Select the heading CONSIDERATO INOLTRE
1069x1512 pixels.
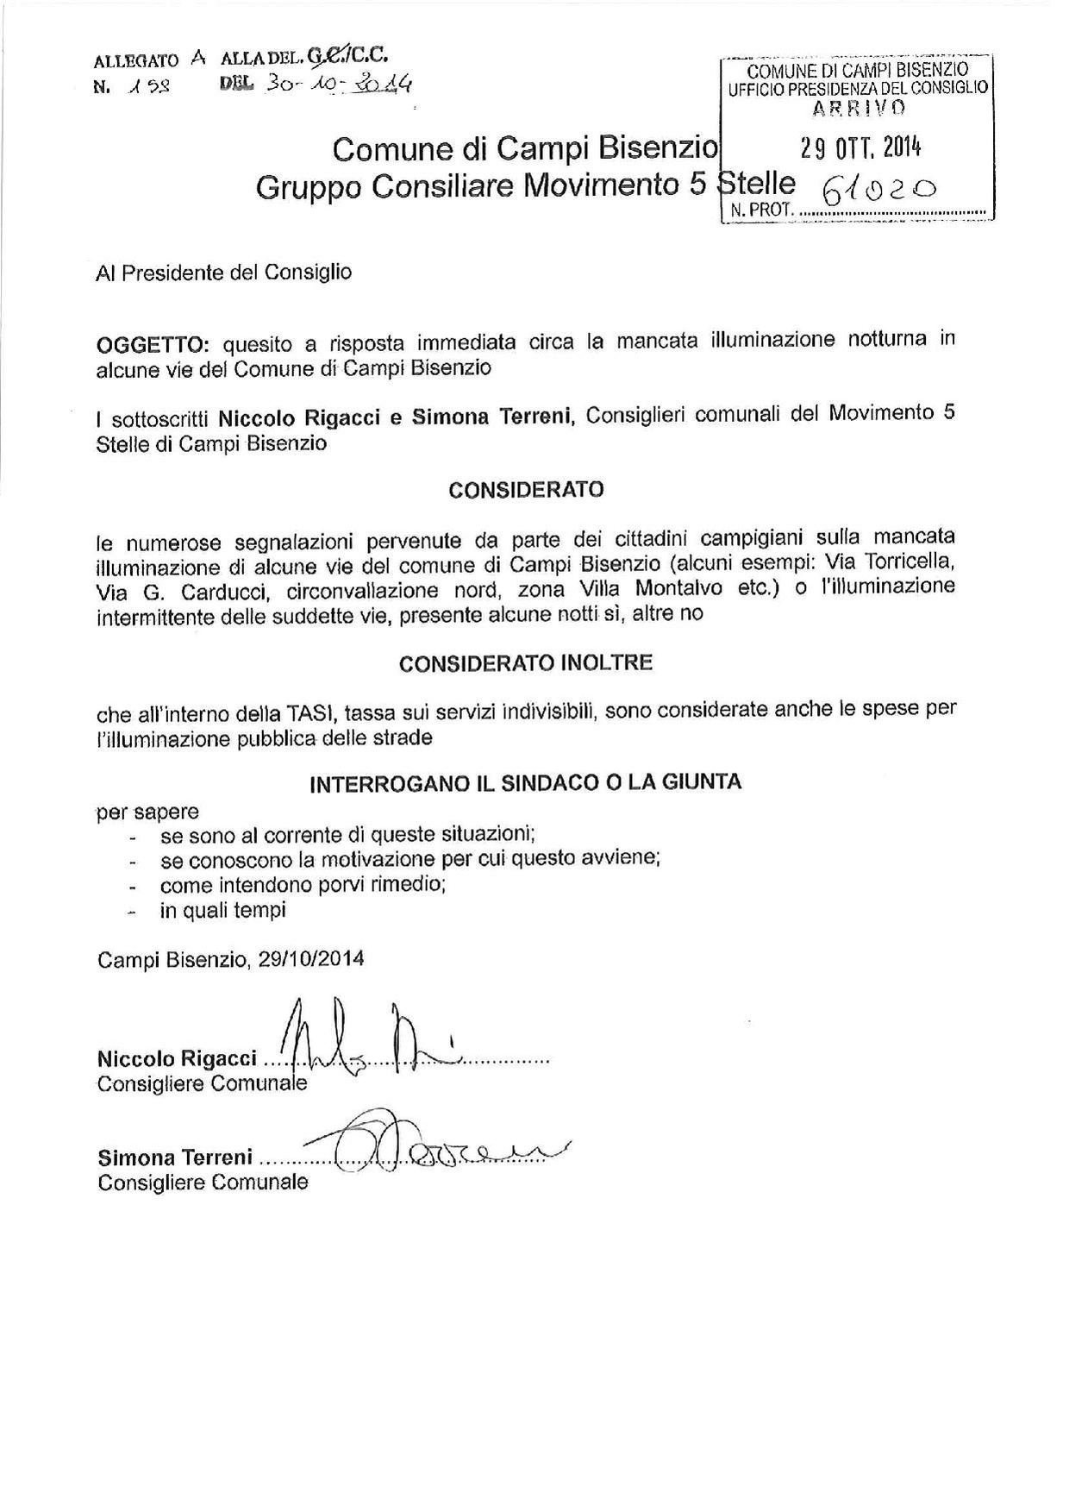tap(526, 663)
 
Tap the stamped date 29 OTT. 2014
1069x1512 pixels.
tap(860, 148)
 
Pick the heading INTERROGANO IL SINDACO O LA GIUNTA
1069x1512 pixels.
tap(526, 782)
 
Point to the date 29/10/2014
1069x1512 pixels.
tap(310, 959)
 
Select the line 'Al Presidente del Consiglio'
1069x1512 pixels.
tap(224, 273)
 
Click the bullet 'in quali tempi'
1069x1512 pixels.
tap(222, 910)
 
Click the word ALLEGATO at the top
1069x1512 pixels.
tap(135, 62)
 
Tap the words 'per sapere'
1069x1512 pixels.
tap(147, 812)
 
